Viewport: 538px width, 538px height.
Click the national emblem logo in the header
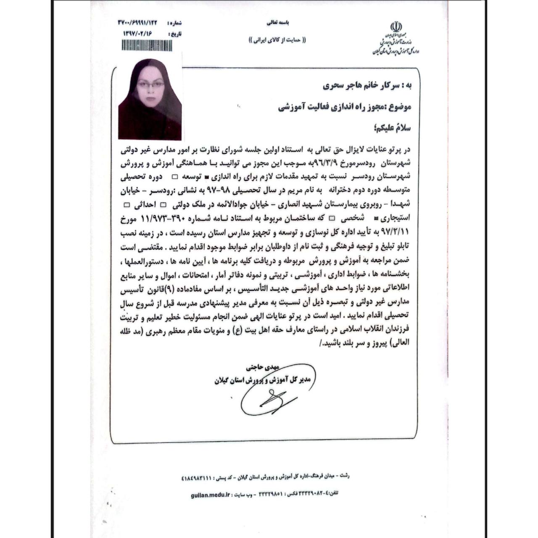(396, 28)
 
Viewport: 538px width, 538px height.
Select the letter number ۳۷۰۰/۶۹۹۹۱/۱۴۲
(139, 23)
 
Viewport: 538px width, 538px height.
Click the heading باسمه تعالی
(278, 21)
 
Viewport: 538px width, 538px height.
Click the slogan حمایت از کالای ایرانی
(278, 40)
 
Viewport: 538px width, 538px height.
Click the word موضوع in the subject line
(398, 107)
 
